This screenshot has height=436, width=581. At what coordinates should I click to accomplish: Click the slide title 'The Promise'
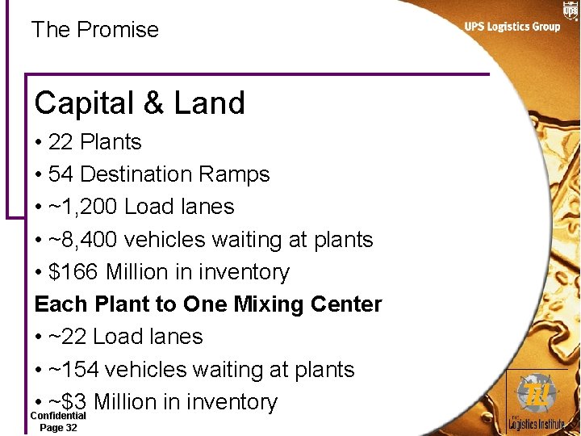(95, 30)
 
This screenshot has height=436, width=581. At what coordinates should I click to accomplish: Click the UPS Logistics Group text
(512, 27)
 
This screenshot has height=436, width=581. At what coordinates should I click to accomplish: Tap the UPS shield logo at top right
(571, 10)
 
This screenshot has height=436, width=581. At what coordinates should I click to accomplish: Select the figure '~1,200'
(83, 207)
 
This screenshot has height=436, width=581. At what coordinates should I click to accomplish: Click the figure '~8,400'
(83, 240)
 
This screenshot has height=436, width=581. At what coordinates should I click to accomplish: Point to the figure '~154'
(74, 370)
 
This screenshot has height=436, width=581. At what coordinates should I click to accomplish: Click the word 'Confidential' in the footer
(58, 416)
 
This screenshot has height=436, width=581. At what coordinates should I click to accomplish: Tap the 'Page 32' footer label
(58, 428)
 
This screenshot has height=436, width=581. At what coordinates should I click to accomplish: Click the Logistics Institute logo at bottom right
(536, 400)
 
